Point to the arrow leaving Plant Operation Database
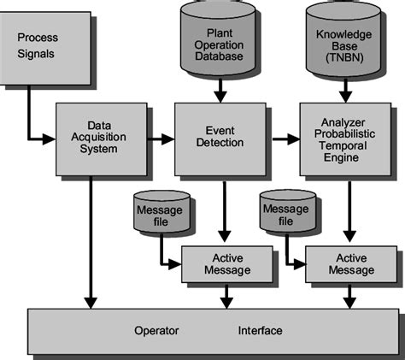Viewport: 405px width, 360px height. pyautogui.click(x=220, y=88)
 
